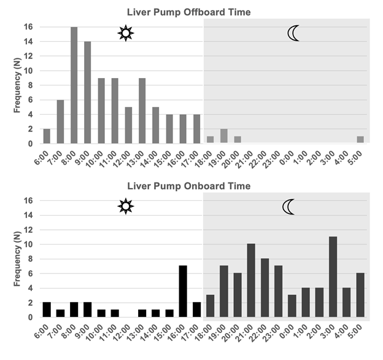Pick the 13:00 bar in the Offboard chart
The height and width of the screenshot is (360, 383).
[x=142, y=111]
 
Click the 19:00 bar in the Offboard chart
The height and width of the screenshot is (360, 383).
[x=224, y=136]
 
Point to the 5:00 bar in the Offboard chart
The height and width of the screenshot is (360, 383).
[x=360, y=140]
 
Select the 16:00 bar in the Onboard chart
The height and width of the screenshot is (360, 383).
[x=183, y=292]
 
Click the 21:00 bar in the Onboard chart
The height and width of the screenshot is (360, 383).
[x=251, y=281]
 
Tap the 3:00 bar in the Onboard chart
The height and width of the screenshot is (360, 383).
[x=333, y=277]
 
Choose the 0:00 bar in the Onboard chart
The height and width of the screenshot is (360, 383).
[x=292, y=306]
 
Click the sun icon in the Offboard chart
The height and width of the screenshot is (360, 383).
[x=125, y=33]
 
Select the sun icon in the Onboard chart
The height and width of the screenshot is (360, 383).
[x=125, y=206]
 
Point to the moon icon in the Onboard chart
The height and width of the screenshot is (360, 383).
[x=289, y=206]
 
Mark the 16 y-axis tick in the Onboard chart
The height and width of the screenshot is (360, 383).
[x=28, y=200]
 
